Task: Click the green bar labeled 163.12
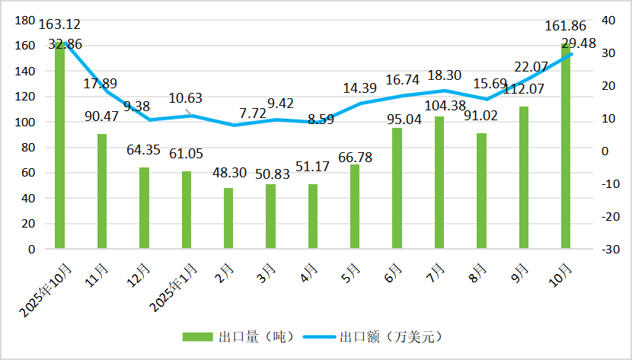tap(59, 145)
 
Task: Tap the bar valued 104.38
tap(439, 183)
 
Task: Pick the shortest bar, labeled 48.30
tap(228, 218)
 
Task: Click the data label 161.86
tap(564, 27)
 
